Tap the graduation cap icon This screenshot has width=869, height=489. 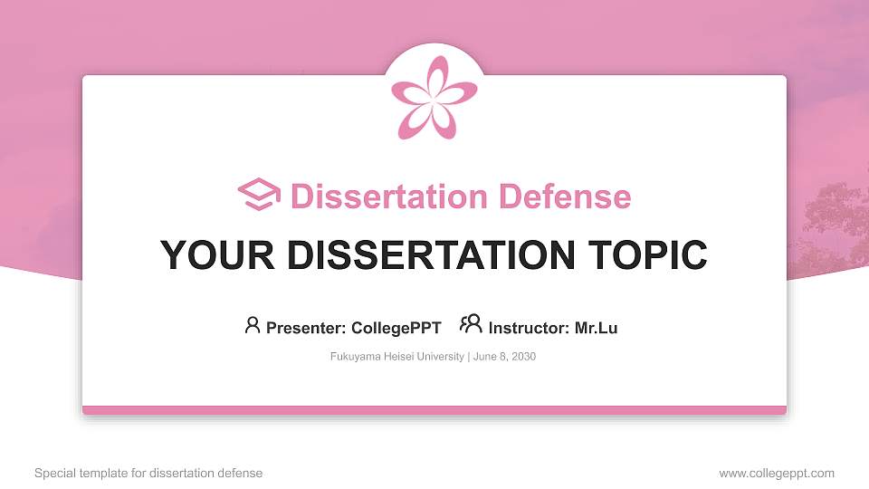click(260, 196)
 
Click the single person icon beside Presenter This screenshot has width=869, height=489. click(253, 325)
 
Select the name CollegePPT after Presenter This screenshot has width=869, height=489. click(396, 328)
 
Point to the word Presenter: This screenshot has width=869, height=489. click(306, 328)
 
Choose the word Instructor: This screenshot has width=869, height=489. click(529, 328)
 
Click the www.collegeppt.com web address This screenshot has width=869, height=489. click(777, 473)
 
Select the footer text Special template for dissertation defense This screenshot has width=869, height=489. click(148, 473)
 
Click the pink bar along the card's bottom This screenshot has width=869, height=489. click(434, 410)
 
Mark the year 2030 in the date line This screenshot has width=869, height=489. click(523, 357)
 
